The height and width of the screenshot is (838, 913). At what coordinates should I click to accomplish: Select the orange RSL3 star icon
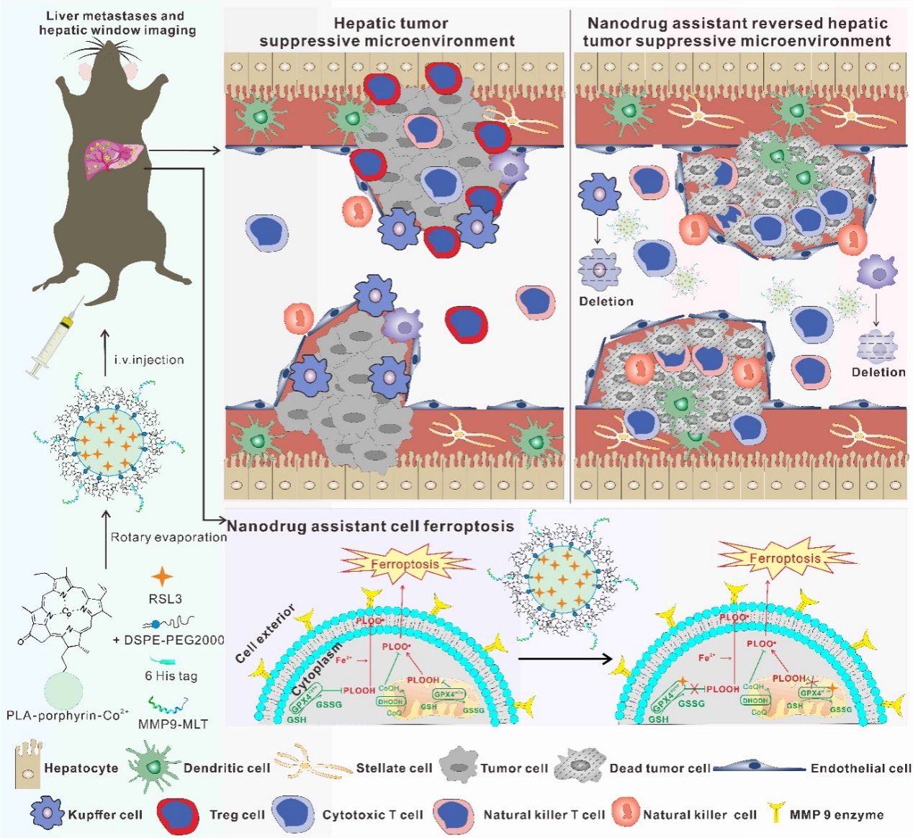[163, 576]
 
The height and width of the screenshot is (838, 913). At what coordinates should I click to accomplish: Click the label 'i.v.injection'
[149, 359]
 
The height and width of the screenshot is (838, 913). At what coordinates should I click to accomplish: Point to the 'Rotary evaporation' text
[168, 536]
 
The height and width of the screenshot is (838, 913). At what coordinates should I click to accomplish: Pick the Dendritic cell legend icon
[153, 766]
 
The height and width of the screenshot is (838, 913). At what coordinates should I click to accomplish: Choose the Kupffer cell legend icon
[48, 814]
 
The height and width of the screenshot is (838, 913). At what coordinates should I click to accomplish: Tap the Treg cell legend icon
[178, 814]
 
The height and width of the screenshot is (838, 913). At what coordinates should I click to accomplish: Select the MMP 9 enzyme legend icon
[775, 813]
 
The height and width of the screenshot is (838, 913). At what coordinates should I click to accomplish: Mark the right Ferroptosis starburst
[784, 559]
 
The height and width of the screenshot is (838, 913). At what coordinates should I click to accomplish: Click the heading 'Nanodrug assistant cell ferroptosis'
[370, 526]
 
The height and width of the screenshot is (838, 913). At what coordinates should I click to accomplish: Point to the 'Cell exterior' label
[265, 634]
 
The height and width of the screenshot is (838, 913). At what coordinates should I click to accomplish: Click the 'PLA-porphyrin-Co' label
[67, 715]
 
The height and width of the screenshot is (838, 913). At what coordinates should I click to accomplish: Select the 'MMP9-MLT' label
[172, 724]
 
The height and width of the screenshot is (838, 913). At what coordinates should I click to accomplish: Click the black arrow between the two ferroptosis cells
[565, 658]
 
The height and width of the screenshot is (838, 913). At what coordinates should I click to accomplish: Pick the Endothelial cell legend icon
[759, 767]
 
